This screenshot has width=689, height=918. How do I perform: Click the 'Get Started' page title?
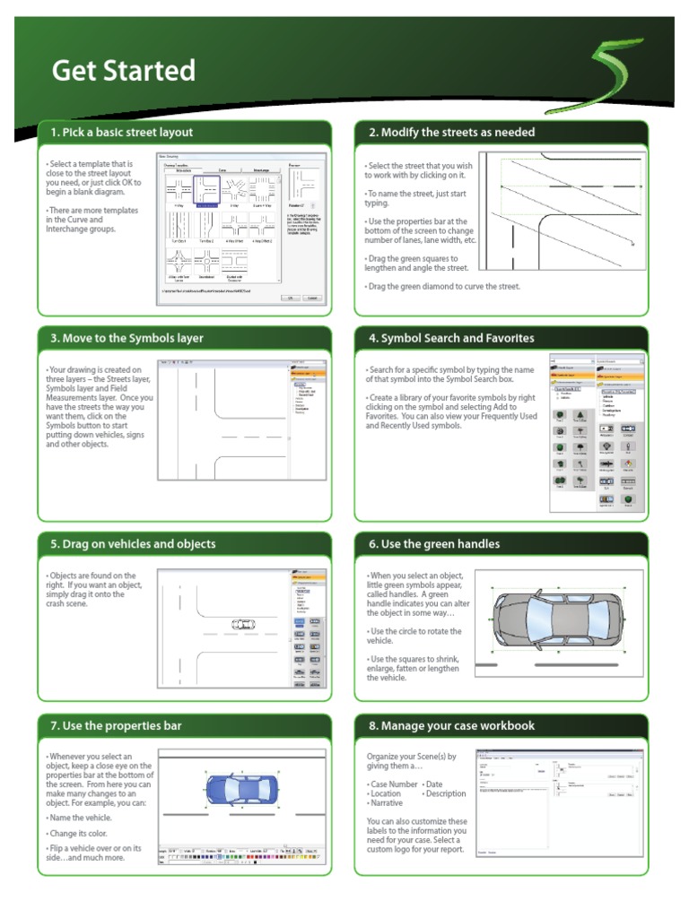point(123,70)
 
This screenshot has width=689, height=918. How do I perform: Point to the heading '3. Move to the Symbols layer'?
point(126,338)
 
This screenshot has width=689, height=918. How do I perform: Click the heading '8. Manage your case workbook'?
point(458,725)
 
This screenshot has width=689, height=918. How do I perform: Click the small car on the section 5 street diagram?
point(241,625)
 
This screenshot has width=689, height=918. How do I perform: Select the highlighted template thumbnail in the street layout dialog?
point(207,191)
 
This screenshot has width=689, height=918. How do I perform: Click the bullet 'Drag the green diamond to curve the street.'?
point(443,286)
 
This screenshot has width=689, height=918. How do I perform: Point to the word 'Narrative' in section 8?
point(388,803)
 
